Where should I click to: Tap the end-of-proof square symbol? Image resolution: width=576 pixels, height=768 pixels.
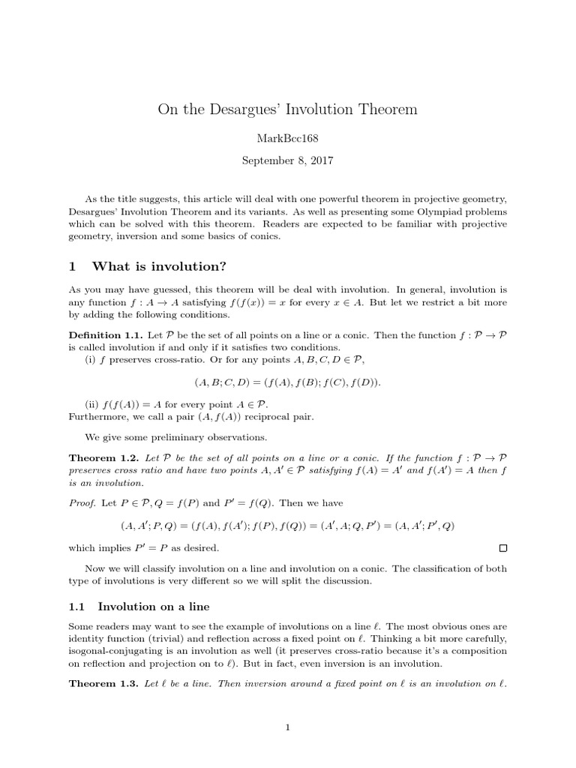tap(502, 549)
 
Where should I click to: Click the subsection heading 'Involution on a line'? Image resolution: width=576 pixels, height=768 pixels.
tap(155, 606)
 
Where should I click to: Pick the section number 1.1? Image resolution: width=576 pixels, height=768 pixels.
tap(79, 606)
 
